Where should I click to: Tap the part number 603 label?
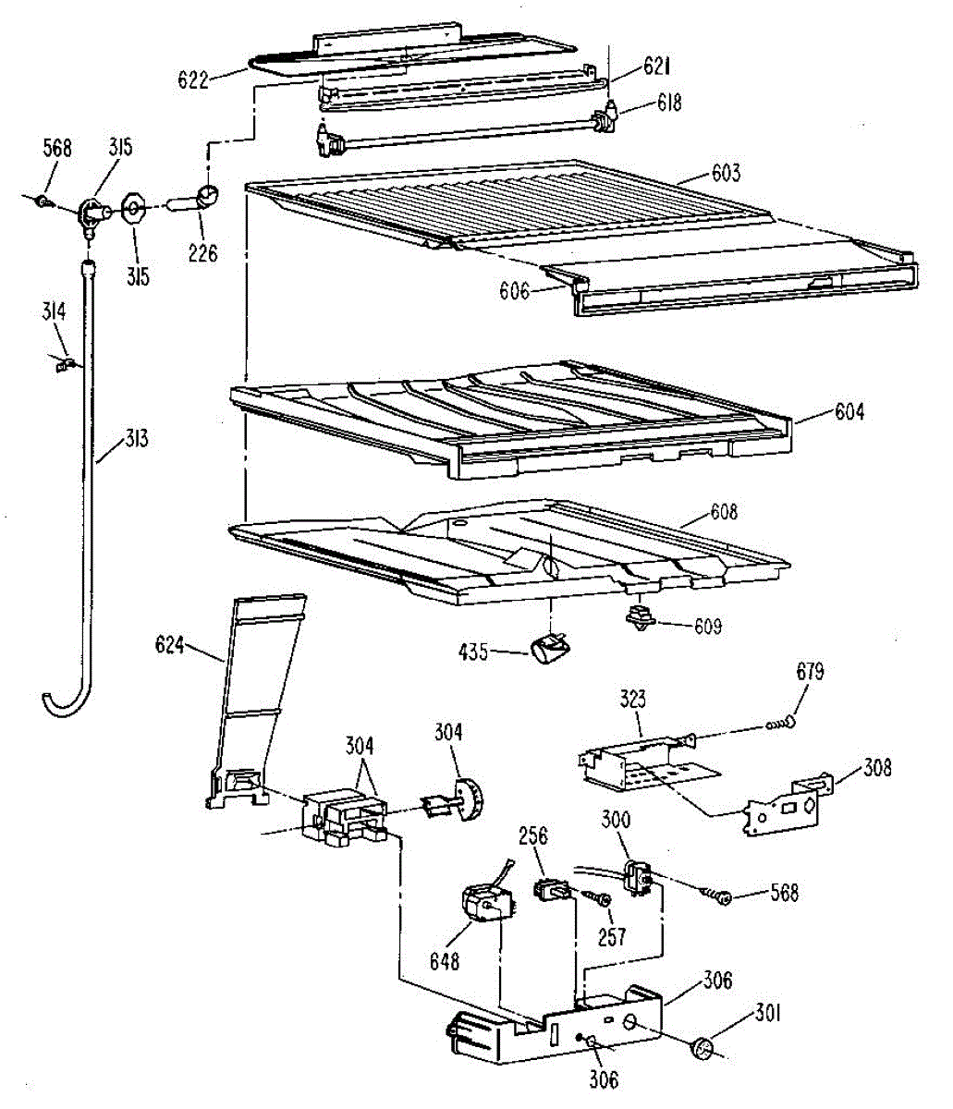[726, 174]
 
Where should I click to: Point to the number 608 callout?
[724, 511]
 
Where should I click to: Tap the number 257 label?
[613, 936]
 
